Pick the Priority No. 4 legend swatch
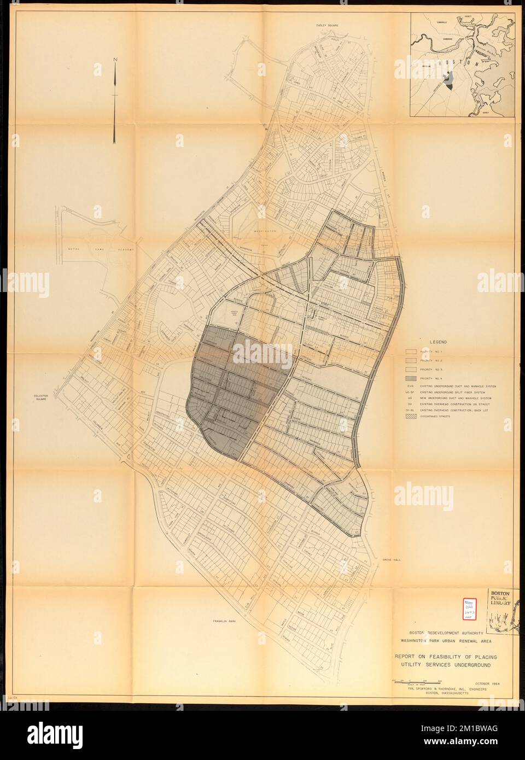tap(411, 378)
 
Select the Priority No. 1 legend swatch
tap(411, 351)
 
